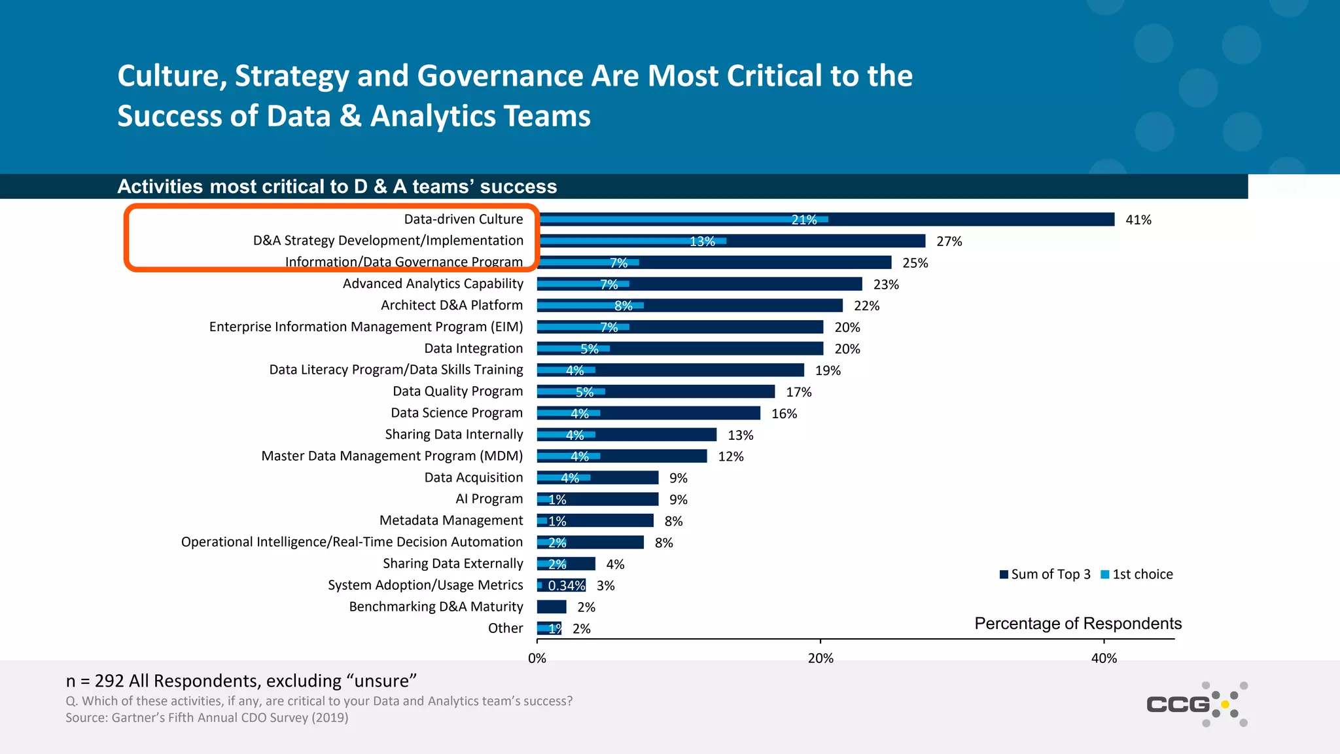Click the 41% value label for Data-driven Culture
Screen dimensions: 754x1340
(x=1138, y=220)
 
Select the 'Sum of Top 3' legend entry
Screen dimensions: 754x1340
(x=1045, y=575)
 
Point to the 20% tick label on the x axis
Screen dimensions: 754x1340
(x=820, y=658)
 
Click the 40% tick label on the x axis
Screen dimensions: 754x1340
(x=1104, y=658)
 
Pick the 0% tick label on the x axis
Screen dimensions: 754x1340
(x=537, y=658)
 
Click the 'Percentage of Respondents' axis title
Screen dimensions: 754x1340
(x=1078, y=623)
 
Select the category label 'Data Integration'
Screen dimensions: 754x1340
(x=474, y=348)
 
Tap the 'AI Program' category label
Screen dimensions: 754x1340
(x=489, y=499)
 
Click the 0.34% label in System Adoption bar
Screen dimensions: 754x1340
(x=566, y=586)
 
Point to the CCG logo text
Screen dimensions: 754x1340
(x=1178, y=704)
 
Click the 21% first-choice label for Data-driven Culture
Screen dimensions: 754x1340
(x=804, y=220)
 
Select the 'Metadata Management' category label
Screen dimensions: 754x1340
(x=451, y=520)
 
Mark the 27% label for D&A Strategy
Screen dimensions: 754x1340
(x=949, y=242)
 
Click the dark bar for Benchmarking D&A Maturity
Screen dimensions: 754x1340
(x=552, y=607)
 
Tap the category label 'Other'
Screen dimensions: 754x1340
(x=505, y=628)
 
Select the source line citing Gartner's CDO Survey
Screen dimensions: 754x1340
(x=207, y=717)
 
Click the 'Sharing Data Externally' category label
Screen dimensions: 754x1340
(x=453, y=564)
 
